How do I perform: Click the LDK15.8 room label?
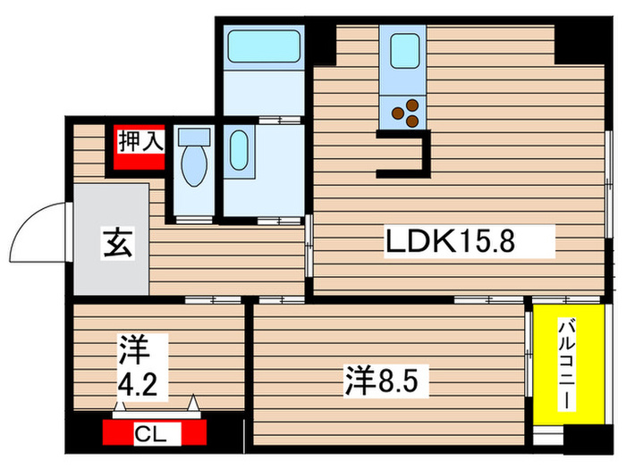pyautogui.click(x=449, y=240)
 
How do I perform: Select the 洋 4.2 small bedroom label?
pyautogui.click(x=139, y=367)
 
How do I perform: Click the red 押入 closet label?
pyautogui.click(x=140, y=142)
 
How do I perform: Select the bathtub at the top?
pyautogui.click(x=263, y=46)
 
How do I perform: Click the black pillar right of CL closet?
pyautogui.click(x=229, y=435)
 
